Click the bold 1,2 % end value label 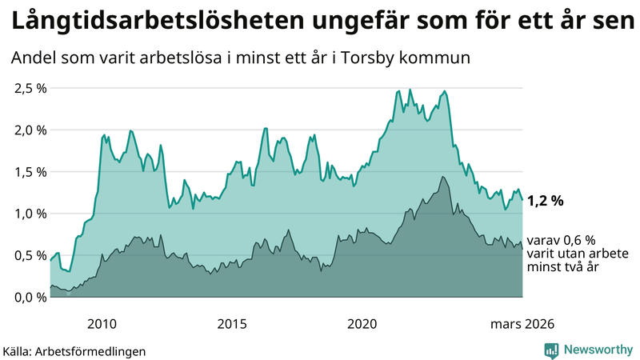547,202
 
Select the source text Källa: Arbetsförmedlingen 74,350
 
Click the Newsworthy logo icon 551,350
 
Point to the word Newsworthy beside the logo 598,350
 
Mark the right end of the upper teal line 522,199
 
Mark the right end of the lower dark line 522,249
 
